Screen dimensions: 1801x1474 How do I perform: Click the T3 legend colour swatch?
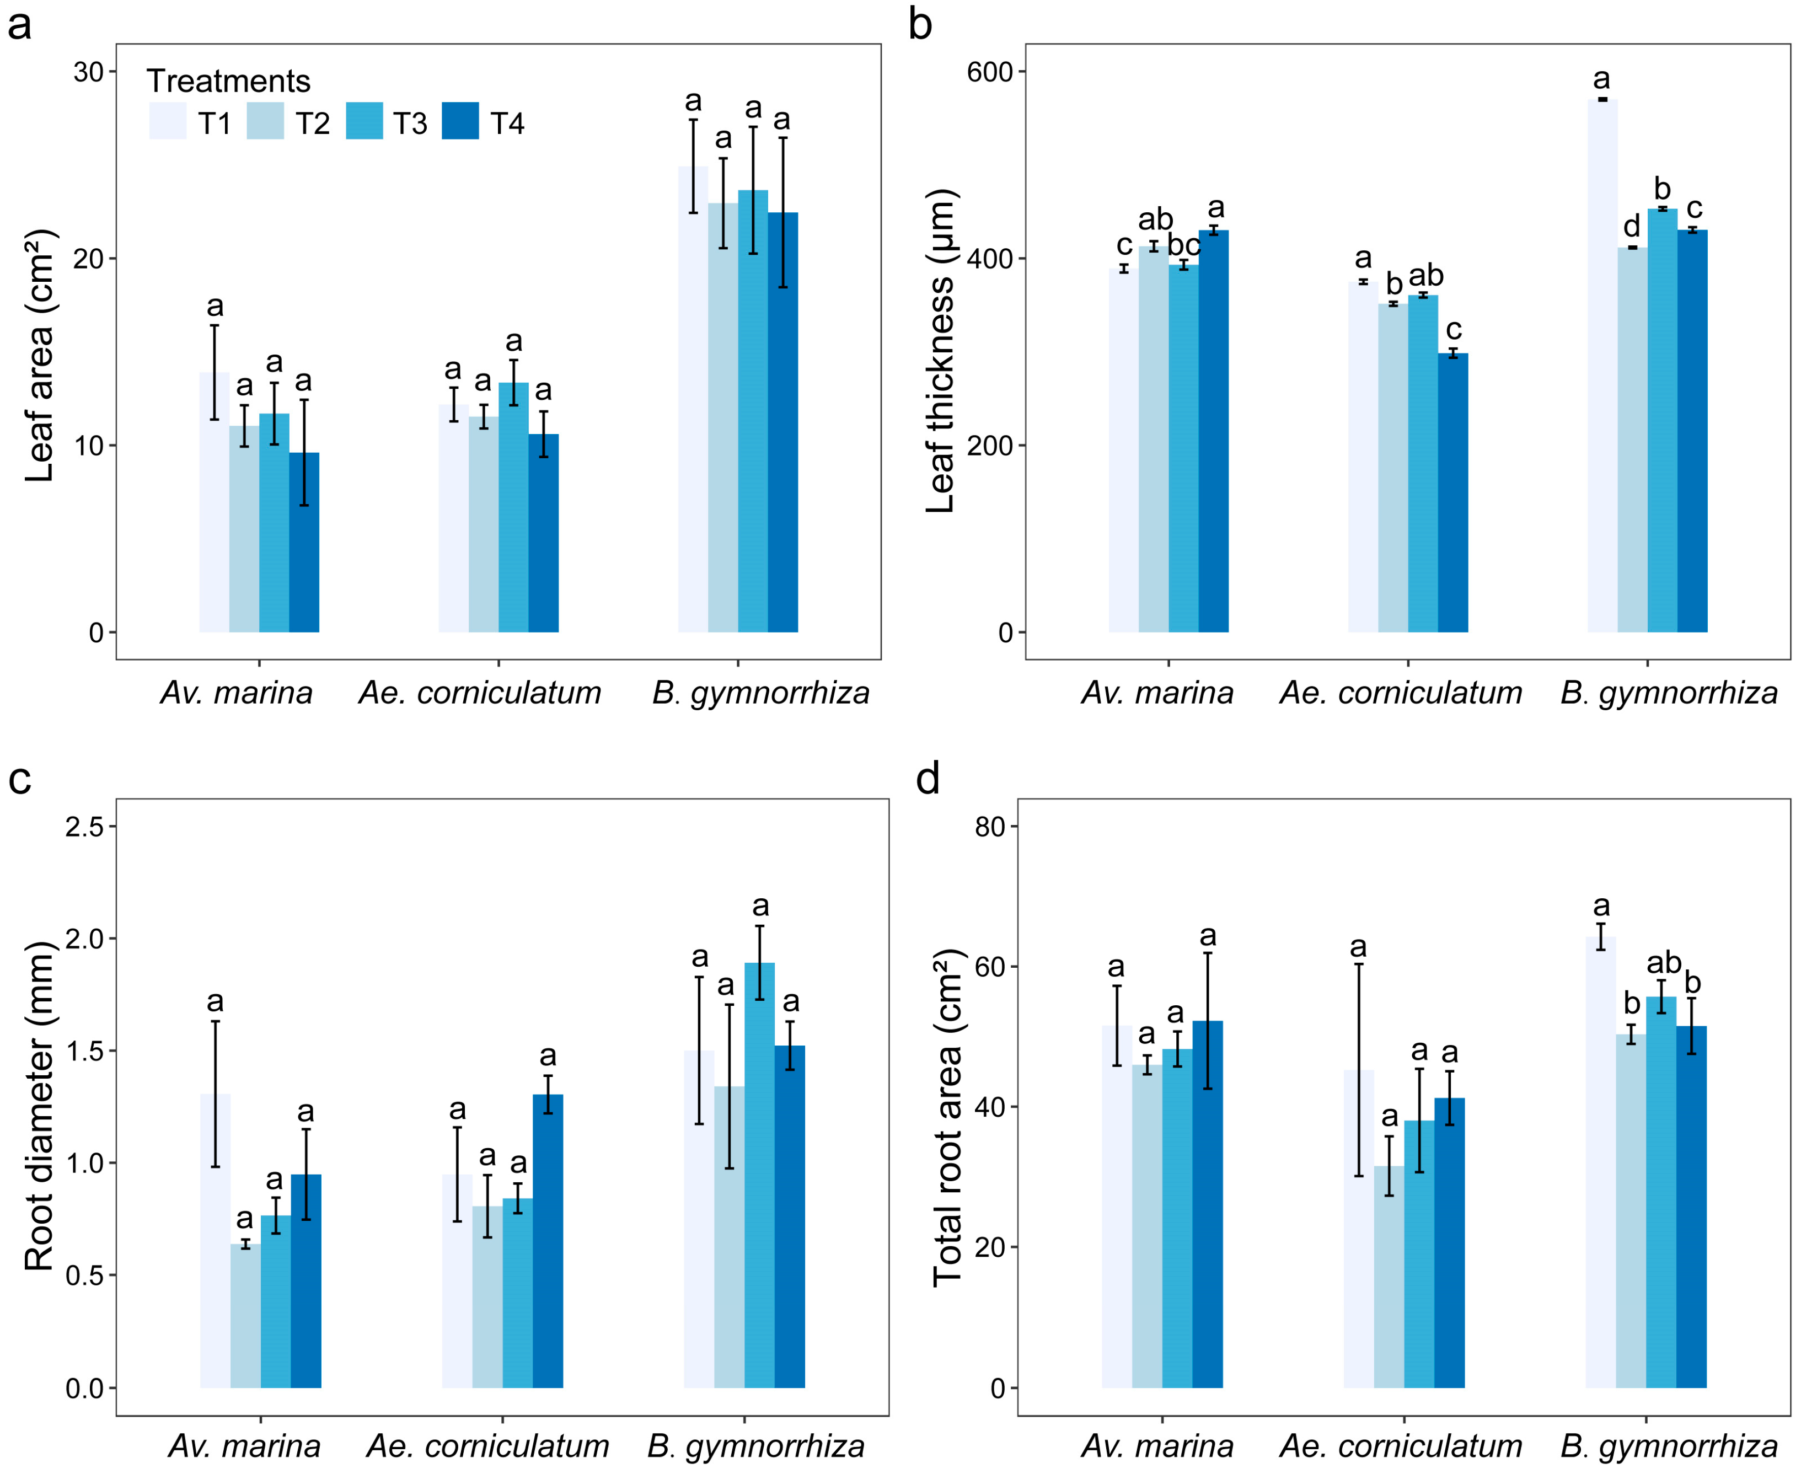pyautogui.click(x=365, y=121)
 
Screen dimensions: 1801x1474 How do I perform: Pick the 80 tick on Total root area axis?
pyautogui.click(x=990, y=826)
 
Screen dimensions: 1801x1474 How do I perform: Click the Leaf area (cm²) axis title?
pyautogui.click(x=39, y=355)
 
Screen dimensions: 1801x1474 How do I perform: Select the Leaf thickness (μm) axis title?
pyautogui.click(x=940, y=351)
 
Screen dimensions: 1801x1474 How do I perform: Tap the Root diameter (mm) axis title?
pyautogui.click(x=39, y=1106)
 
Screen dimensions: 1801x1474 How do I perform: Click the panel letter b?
pyautogui.click(x=920, y=23)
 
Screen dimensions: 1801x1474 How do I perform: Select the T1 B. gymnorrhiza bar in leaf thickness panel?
pyautogui.click(x=1602, y=365)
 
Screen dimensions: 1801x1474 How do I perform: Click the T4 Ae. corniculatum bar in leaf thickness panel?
pyautogui.click(x=1453, y=492)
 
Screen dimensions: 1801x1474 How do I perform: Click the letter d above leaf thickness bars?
pyautogui.click(x=1632, y=226)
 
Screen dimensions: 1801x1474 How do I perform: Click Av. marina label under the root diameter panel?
pyautogui.click(x=244, y=1445)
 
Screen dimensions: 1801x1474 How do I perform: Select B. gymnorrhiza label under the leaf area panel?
pyautogui.click(x=761, y=693)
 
